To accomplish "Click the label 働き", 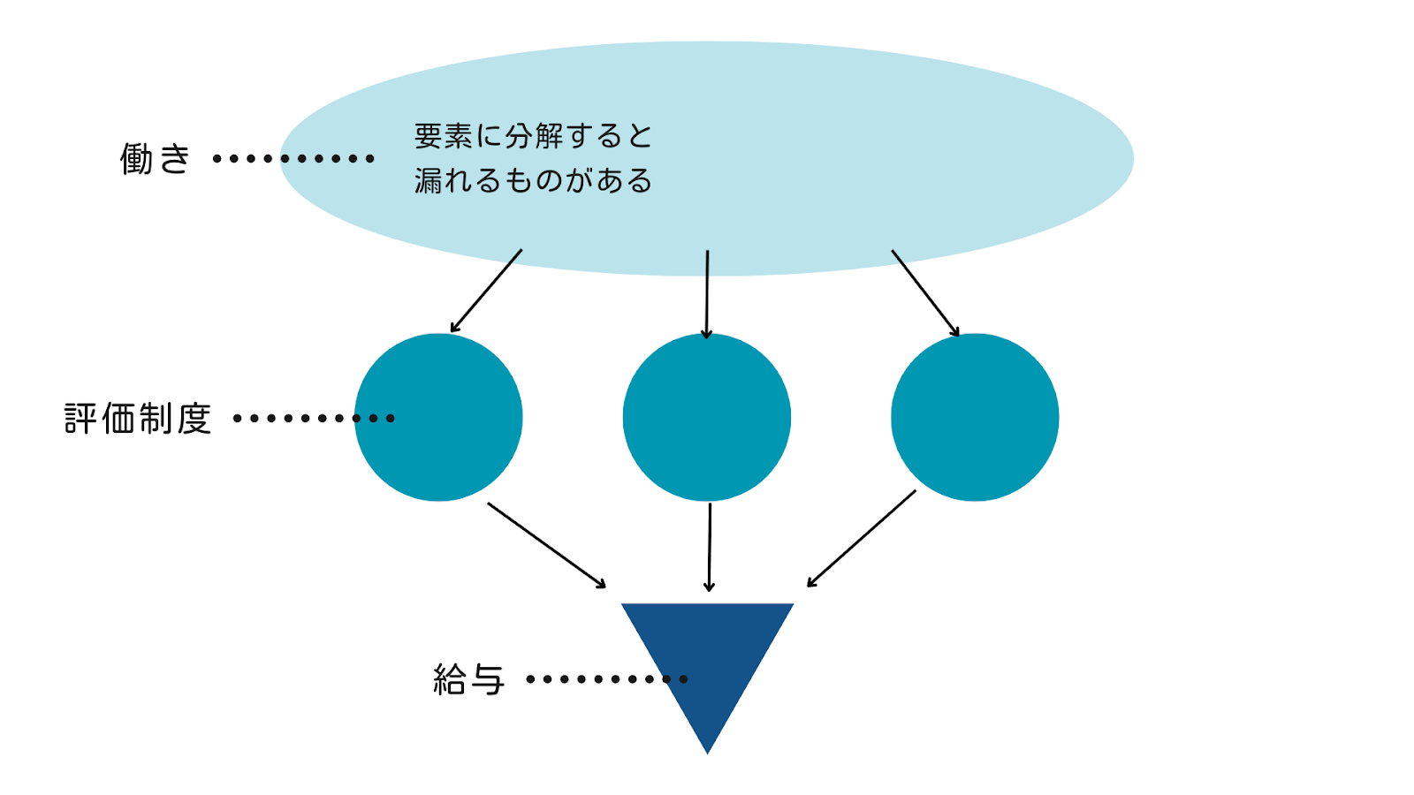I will (x=156, y=159).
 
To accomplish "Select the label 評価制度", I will (x=138, y=419).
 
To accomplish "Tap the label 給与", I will (x=468, y=679).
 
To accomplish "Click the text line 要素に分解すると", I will (x=533, y=136).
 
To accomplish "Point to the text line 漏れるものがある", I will (x=533, y=181).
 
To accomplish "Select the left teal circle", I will (x=438, y=417).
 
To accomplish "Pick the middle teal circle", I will (x=707, y=417).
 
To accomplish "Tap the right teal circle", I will (x=975, y=417).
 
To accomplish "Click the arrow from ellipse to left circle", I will (x=486, y=291).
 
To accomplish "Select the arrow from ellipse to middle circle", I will (x=707, y=294).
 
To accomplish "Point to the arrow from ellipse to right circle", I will (x=925, y=293).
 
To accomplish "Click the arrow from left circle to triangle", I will (x=547, y=545).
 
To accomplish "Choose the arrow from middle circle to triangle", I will (x=709, y=547).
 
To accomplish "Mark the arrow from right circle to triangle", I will (x=862, y=538).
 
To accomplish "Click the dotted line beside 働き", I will (x=293, y=159).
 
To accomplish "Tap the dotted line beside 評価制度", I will (x=313, y=419).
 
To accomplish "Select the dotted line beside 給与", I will (x=606, y=679).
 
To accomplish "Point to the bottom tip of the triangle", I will (x=707, y=752).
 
